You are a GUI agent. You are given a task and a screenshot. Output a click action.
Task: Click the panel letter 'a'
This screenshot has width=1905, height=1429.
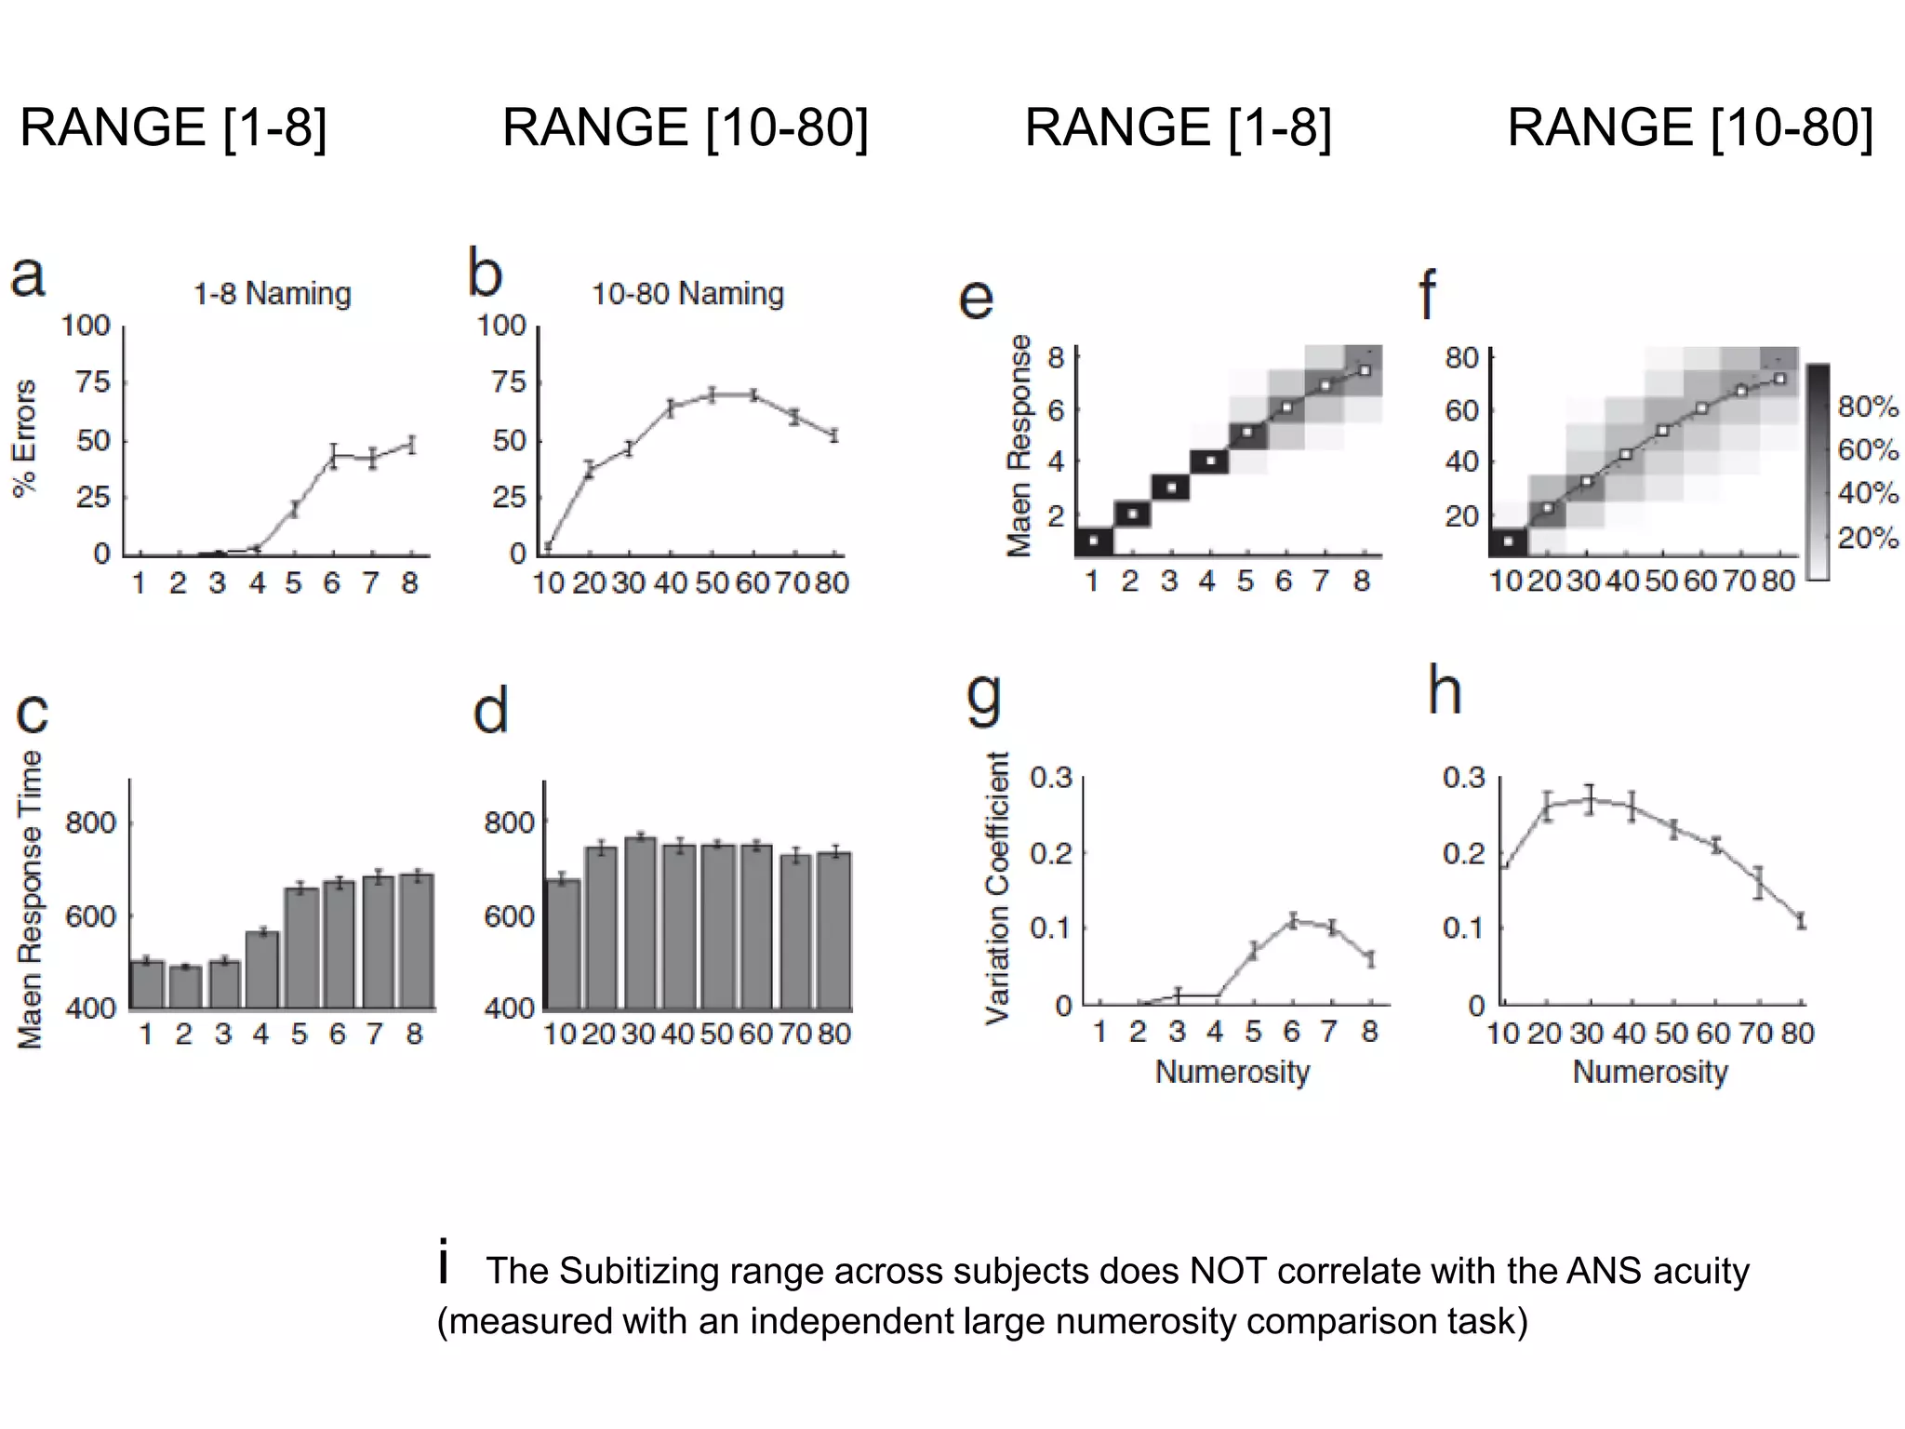[x=28, y=277]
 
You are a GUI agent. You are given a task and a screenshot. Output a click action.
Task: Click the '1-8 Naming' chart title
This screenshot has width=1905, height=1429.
[x=272, y=294]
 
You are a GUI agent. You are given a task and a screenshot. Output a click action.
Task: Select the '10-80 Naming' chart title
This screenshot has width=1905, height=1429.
[x=687, y=294]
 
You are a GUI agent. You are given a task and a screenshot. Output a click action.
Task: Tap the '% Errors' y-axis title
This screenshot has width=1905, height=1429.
[x=25, y=438]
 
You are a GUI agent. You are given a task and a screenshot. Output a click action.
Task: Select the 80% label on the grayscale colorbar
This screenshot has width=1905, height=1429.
[x=1868, y=407]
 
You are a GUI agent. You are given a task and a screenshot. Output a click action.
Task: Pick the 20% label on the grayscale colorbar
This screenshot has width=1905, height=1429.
[x=1868, y=538]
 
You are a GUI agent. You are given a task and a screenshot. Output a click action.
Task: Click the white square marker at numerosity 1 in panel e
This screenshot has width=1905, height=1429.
[x=1093, y=540]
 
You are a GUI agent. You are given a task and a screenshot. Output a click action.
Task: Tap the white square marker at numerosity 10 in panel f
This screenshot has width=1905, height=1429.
[x=1508, y=541]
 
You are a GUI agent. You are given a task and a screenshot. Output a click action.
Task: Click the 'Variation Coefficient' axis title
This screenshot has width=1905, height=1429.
[x=996, y=888]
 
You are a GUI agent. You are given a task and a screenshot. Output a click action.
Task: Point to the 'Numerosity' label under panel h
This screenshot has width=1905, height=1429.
[x=1649, y=1072]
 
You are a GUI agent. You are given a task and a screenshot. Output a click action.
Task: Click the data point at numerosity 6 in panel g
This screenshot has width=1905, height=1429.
[x=1292, y=921]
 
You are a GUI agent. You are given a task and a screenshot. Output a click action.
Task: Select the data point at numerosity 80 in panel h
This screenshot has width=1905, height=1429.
[x=1801, y=921]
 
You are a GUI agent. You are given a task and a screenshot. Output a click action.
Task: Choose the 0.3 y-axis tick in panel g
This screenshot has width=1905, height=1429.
[x=1050, y=778]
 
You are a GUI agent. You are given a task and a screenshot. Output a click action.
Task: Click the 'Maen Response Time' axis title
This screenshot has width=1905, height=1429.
[x=31, y=900]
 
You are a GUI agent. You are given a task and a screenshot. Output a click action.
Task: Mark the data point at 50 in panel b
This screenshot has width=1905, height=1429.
[x=712, y=394]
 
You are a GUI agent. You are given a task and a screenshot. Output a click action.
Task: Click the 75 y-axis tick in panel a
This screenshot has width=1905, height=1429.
[x=93, y=382]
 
